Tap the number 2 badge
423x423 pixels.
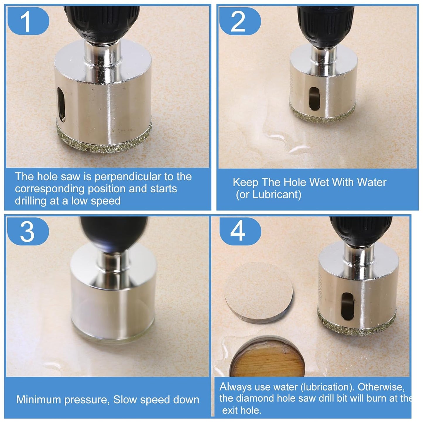tap(238, 21)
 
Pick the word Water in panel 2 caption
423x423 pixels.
tap(371, 182)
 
